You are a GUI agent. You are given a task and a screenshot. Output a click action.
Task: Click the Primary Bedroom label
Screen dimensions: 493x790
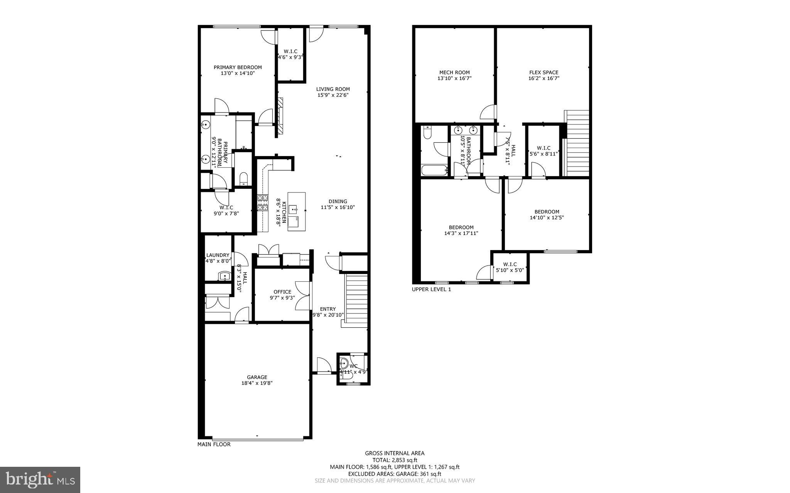click(x=238, y=67)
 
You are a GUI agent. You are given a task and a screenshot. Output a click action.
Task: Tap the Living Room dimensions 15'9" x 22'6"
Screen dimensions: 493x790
click(x=333, y=95)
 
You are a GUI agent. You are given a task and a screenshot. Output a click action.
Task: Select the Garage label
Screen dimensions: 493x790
click(x=257, y=377)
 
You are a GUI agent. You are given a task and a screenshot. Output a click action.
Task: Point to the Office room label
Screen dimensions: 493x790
click(x=282, y=292)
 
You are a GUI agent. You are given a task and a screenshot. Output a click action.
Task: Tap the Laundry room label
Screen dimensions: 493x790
click(x=218, y=255)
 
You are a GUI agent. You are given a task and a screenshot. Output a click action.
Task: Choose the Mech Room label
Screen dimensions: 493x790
click(x=454, y=72)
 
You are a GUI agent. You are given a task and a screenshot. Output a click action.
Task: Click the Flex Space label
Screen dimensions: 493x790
click(x=543, y=72)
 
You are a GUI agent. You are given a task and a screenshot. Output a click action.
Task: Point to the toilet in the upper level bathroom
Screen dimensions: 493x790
click(x=427, y=133)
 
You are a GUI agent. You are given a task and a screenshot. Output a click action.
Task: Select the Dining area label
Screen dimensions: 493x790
click(x=338, y=201)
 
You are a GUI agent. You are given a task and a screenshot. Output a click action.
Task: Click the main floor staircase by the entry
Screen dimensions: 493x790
click(x=356, y=299)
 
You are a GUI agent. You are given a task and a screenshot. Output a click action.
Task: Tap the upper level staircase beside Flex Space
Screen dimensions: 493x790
click(x=577, y=143)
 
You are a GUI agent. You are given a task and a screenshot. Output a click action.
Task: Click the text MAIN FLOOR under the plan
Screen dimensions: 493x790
click(x=214, y=444)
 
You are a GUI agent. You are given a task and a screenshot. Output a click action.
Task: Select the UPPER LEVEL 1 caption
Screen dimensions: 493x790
click(x=431, y=289)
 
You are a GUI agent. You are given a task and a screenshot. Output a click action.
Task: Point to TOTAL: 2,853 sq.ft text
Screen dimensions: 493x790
click(x=395, y=460)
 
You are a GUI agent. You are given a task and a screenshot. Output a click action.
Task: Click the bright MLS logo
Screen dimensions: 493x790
click(x=40, y=480)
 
